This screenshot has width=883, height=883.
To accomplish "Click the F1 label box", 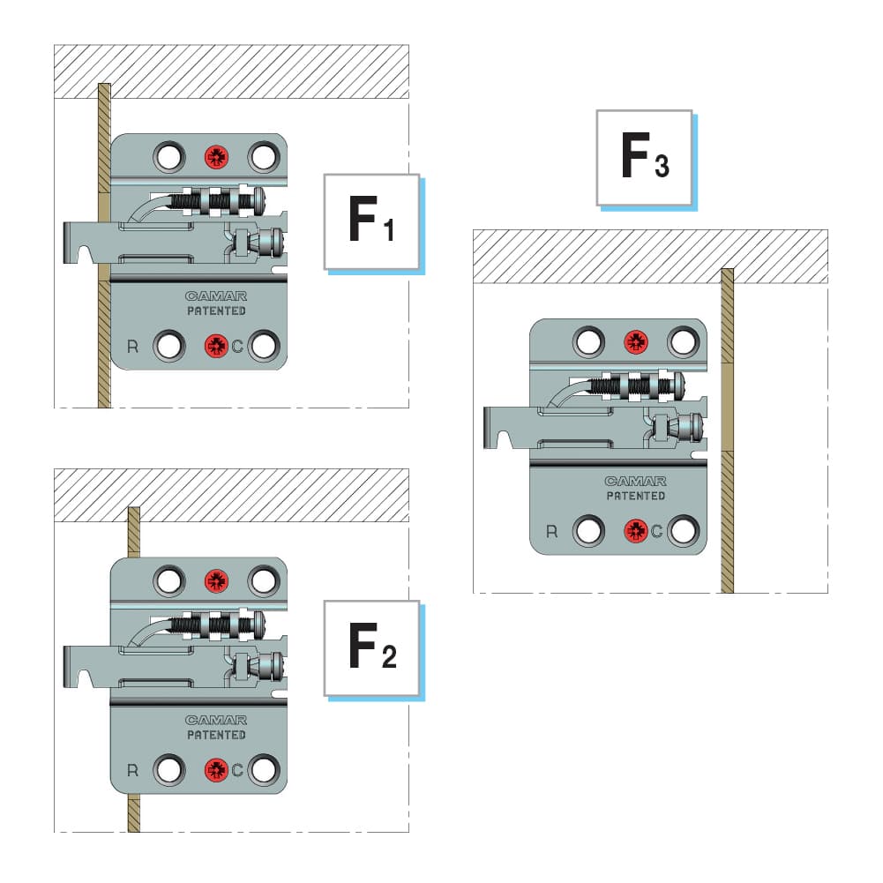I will pyautogui.click(x=370, y=221).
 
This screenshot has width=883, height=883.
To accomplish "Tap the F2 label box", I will pyautogui.click(x=370, y=647).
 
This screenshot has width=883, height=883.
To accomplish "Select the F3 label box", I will pyautogui.click(x=643, y=158).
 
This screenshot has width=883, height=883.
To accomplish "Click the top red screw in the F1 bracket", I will pyautogui.click(x=216, y=157).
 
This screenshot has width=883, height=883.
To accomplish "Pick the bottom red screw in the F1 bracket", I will pyautogui.click(x=216, y=346).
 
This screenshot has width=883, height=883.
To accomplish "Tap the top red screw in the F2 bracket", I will pyautogui.click(x=216, y=580).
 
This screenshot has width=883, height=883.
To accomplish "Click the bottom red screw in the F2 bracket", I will pyautogui.click(x=216, y=770).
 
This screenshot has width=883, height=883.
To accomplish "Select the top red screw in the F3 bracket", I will pyautogui.click(x=635, y=342).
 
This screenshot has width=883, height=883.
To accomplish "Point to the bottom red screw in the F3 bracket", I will pyautogui.click(x=635, y=531).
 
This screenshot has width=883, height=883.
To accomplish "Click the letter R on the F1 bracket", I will pyautogui.click(x=133, y=346).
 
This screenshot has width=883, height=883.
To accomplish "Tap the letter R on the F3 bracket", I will pyautogui.click(x=552, y=531).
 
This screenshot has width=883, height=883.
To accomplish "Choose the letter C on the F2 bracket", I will pyautogui.click(x=237, y=770).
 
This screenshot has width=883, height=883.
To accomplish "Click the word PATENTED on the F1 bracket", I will pyautogui.click(x=216, y=311).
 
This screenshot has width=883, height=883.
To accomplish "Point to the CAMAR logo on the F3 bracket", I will pyautogui.click(x=635, y=482).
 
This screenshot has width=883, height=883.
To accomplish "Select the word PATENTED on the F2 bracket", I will pyautogui.click(x=216, y=735).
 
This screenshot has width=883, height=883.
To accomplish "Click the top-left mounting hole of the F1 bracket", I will pyautogui.click(x=168, y=157).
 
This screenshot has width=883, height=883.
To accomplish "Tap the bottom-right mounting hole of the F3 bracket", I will pyautogui.click(x=683, y=531).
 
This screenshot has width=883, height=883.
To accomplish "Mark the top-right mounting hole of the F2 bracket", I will pyautogui.click(x=263, y=580).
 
